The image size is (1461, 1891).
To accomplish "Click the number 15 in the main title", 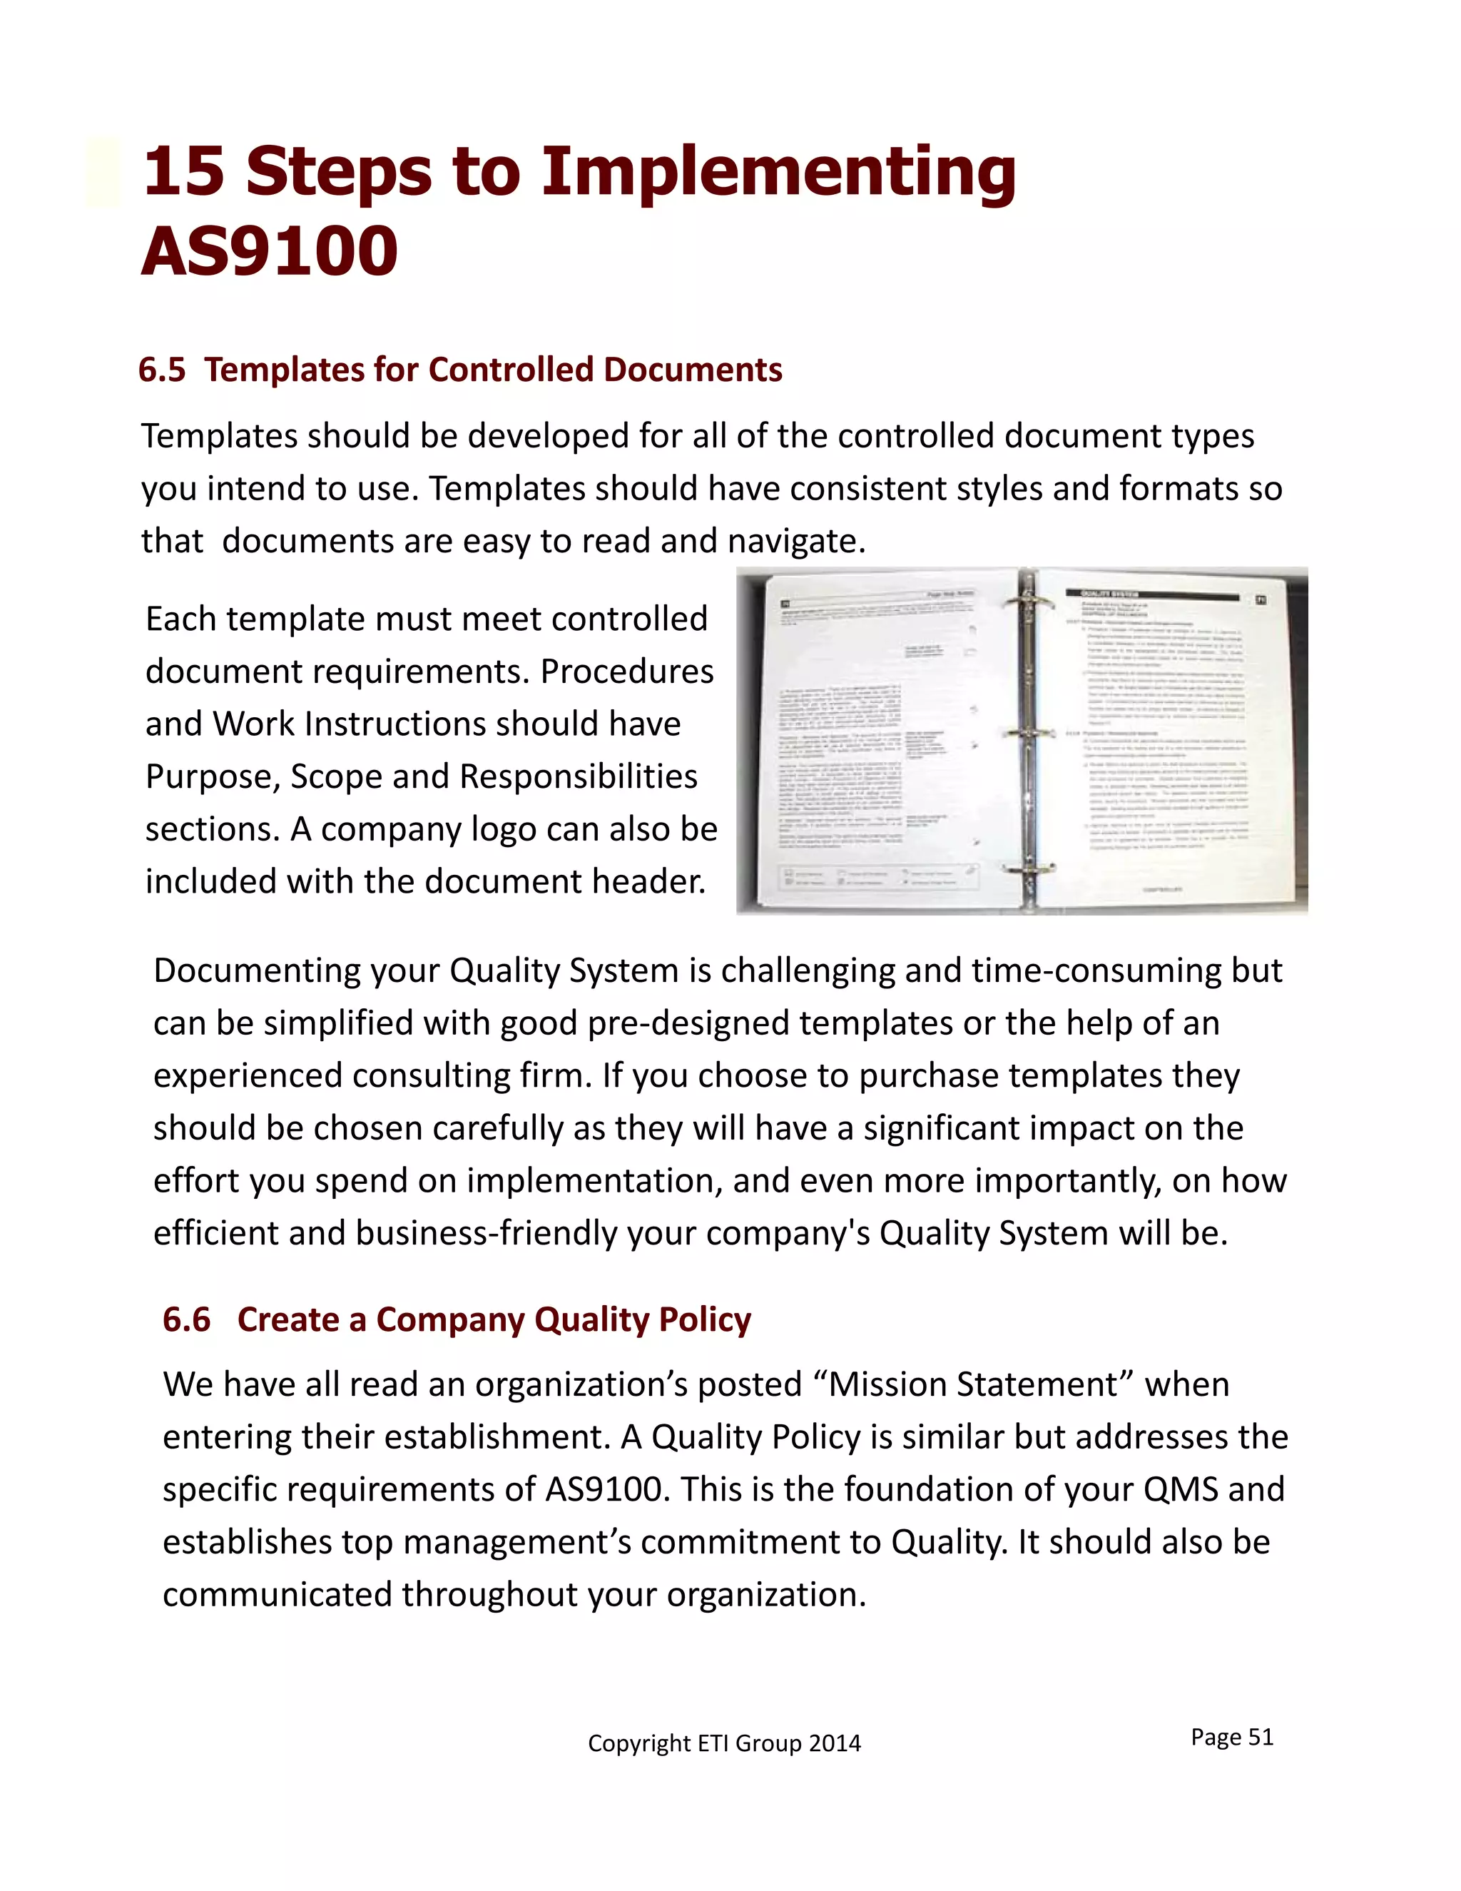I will (183, 171).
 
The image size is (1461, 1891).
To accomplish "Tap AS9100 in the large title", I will (269, 252).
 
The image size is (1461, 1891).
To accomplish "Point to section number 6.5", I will (162, 370).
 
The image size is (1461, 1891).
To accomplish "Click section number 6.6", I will (186, 1319).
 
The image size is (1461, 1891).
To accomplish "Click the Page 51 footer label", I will (1231, 1737).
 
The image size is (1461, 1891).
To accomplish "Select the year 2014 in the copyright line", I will (835, 1743).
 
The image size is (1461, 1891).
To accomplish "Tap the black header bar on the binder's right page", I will (1151, 596).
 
